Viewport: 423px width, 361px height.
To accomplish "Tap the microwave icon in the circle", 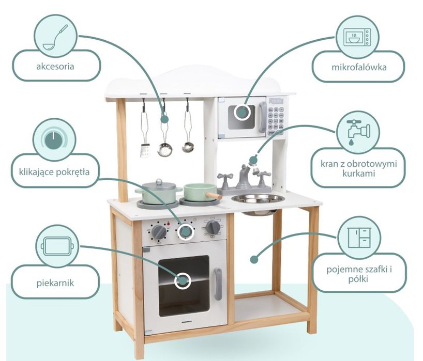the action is (x=357, y=37).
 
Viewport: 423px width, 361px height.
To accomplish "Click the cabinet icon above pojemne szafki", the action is (x=359, y=238).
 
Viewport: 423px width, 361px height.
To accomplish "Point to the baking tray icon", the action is (x=57, y=246).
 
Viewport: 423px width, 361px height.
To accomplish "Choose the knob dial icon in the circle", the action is (x=54, y=139).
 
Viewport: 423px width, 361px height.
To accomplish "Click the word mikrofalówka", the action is (x=359, y=67).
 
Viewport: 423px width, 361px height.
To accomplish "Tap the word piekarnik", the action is (x=55, y=283).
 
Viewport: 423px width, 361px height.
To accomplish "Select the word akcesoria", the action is (x=55, y=66).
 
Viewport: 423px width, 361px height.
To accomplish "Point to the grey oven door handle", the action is (x=218, y=284).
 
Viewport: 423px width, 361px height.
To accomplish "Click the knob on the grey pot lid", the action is (x=159, y=182).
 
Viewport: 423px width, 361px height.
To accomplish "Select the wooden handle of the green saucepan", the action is (x=214, y=195).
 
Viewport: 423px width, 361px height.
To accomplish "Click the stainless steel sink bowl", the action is (x=258, y=199).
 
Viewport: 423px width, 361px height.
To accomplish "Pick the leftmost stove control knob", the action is (x=159, y=232).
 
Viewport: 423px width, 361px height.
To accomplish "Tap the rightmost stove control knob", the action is (x=213, y=227).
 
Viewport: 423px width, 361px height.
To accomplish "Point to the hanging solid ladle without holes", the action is (x=188, y=129).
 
